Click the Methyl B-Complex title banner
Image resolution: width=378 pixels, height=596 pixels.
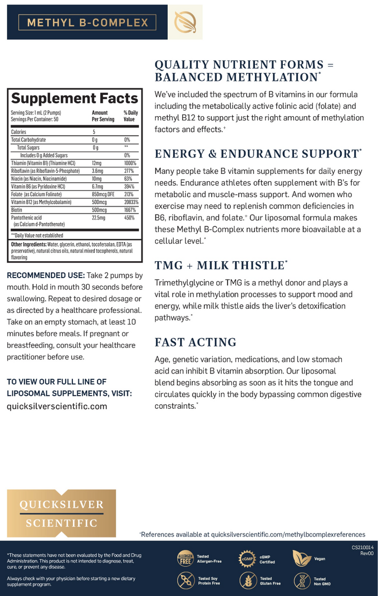(87, 22)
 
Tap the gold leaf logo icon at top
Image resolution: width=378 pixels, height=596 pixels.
(186, 22)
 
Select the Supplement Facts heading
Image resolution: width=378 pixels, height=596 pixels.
(74, 98)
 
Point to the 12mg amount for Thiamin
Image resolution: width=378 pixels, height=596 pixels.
(97, 163)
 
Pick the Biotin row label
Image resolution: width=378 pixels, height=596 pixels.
(17, 210)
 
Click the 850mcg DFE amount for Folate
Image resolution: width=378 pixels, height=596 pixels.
(103, 194)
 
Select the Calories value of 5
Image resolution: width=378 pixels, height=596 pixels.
(94, 132)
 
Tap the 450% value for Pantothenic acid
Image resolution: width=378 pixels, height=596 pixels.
(129, 218)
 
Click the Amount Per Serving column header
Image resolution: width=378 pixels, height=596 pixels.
(103, 116)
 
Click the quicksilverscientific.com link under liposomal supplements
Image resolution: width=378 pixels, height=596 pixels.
(57, 406)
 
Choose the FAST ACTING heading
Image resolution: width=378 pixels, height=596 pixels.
(195, 342)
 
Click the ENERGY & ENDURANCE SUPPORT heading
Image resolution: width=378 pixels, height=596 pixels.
(257, 153)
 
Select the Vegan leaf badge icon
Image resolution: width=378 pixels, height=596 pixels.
(302, 559)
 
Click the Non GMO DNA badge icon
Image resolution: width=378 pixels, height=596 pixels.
(302, 581)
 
